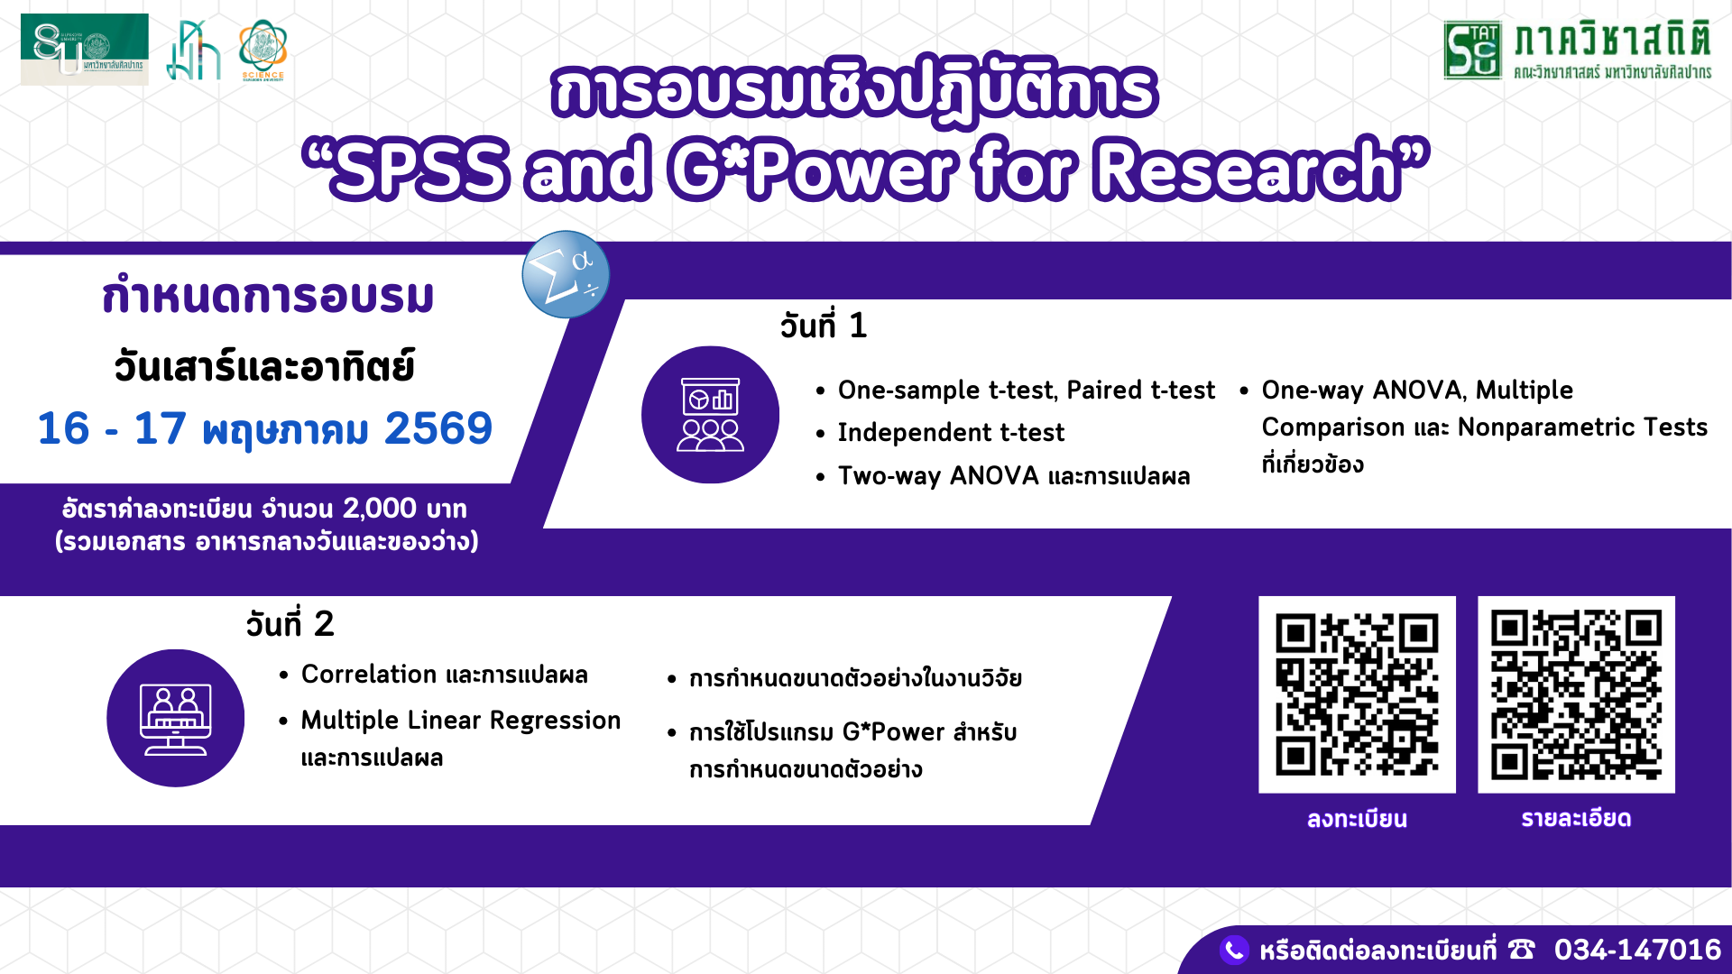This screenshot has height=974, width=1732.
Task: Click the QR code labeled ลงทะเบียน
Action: click(x=1357, y=694)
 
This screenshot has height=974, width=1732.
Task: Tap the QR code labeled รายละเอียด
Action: click(x=1576, y=694)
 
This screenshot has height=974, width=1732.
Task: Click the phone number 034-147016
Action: click(x=1637, y=950)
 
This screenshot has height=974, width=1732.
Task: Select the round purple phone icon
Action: click(x=1234, y=950)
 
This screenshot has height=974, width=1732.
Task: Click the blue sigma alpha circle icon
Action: click(x=566, y=274)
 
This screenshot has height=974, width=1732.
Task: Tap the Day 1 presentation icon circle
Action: click(x=710, y=415)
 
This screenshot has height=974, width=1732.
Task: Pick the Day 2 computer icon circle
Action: click(x=175, y=718)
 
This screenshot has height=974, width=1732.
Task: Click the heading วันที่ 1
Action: click(x=824, y=325)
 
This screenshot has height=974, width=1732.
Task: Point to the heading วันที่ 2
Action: click(x=290, y=623)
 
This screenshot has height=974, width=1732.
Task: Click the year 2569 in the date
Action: click(x=438, y=428)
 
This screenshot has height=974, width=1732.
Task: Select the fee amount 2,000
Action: click(x=379, y=509)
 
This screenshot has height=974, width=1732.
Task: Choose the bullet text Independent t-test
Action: click(x=951, y=433)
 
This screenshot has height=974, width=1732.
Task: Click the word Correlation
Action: click(x=369, y=675)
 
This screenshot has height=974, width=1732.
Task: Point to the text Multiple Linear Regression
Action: click(x=461, y=721)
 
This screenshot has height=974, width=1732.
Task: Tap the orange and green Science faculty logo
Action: click(x=263, y=51)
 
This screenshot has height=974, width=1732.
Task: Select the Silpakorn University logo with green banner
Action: click(x=85, y=50)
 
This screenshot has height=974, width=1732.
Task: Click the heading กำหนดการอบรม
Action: click(x=268, y=296)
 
